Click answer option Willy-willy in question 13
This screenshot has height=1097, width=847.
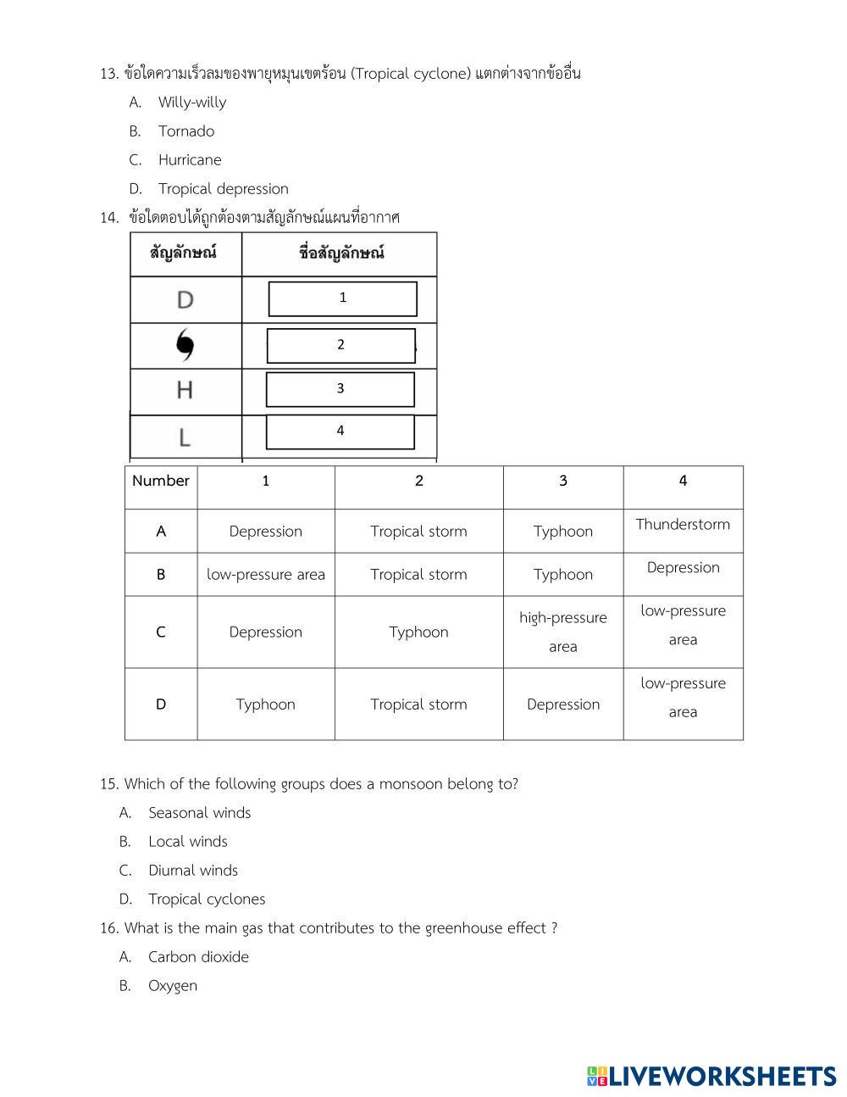tap(192, 103)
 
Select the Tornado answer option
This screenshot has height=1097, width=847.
tap(186, 131)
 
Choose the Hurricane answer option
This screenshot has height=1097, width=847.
tap(190, 160)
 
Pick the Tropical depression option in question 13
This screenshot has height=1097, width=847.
tap(223, 189)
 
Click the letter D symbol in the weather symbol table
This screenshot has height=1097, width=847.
tap(185, 299)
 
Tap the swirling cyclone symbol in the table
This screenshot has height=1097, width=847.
tap(185, 345)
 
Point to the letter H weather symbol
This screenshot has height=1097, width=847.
tap(185, 390)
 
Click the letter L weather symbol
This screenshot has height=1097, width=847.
tap(185, 437)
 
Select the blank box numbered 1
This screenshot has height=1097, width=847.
tap(342, 298)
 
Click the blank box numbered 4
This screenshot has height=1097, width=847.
tap(340, 432)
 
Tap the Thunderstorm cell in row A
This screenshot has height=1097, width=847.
tap(683, 525)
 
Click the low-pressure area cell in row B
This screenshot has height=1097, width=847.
tap(265, 575)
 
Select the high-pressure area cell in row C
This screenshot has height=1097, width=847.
tap(562, 632)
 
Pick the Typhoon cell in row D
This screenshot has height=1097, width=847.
tap(265, 704)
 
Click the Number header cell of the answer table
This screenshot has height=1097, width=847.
tap(161, 481)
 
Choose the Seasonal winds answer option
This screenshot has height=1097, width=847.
tap(199, 813)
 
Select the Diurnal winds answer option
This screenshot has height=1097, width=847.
tap(193, 871)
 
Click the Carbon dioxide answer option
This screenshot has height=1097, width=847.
tap(198, 957)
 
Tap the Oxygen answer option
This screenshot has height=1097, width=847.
tap(173, 986)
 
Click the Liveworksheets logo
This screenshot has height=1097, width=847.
tap(711, 1077)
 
